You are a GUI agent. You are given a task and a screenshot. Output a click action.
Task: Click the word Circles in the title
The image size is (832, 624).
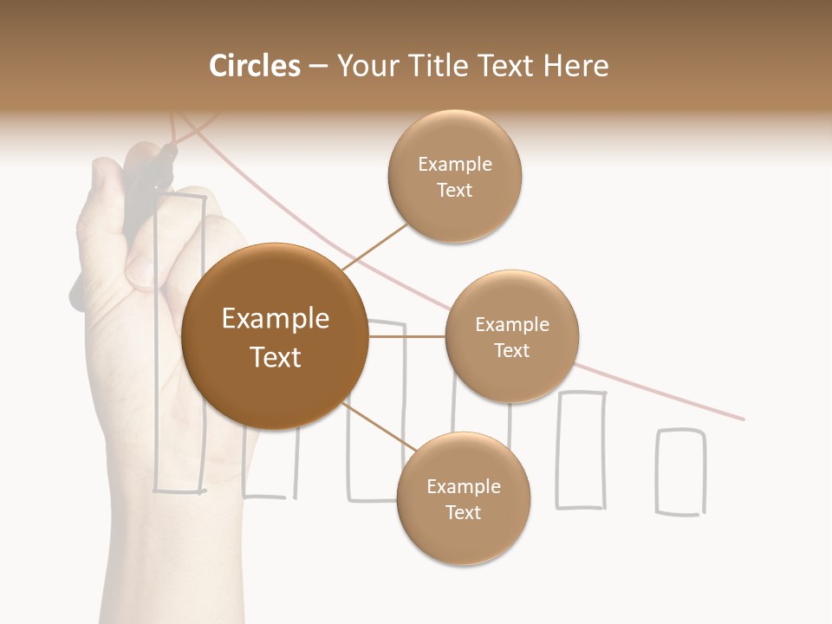254,66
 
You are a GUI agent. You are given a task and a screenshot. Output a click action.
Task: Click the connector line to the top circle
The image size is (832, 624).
374,247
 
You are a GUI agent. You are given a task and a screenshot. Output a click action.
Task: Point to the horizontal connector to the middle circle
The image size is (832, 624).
407,336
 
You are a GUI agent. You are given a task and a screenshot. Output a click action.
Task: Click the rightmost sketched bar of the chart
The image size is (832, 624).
680,472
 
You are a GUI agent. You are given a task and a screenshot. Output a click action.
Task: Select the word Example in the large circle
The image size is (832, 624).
275,319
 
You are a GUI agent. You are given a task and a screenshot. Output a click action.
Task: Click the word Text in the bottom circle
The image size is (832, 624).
463,512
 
